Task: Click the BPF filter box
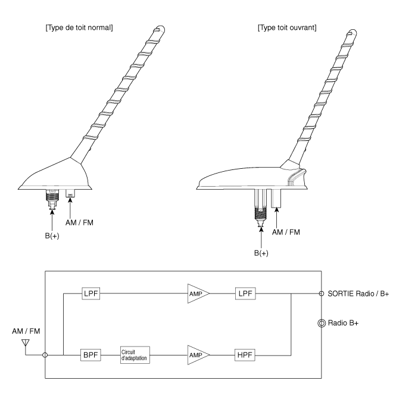coord(91,355)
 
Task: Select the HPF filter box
coord(245,355)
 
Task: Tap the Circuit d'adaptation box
coord(135,355)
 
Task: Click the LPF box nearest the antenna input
coord(91,293)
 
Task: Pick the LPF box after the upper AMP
coord(245,293)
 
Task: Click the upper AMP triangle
coord(198,293)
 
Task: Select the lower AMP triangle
coord(198,355)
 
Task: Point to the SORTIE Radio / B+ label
coord(358,293)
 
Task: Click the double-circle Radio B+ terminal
coord(322,323)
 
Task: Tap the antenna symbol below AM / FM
coord(26,342)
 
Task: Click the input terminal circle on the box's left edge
coord(45,355)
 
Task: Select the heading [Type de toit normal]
coord(79,27)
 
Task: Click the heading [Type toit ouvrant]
coord(287,27)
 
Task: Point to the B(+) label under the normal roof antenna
coord(52,236)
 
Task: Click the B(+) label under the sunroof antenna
coord(261,253)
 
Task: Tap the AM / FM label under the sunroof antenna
coord(286,232)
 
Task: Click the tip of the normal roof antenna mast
coord(161,27)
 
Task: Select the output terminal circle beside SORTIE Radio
coord(322,293)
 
